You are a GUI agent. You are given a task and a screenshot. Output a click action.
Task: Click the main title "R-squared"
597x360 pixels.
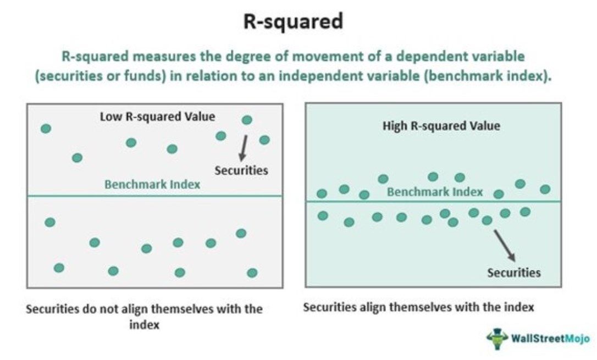tap(294, 22)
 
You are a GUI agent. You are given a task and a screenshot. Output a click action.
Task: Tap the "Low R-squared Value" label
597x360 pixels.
tap(157, 117)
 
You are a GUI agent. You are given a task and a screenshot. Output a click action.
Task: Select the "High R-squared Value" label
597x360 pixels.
tap(441, 126)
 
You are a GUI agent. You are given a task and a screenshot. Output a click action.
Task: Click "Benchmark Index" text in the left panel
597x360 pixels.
tap(152, 184)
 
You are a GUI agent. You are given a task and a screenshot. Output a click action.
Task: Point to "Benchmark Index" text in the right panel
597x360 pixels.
tap(435, 192)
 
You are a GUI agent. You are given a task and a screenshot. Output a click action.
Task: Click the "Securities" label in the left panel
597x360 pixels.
tap(241, 170)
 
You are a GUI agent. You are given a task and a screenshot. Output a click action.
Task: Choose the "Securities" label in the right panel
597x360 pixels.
tap(514, 272)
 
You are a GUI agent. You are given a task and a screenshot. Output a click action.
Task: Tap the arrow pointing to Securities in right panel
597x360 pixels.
tap(504, 245)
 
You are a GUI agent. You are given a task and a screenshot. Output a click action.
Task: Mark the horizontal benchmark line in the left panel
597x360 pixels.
tap(82, 196)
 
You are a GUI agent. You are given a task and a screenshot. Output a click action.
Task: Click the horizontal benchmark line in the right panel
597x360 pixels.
tap(357, 201)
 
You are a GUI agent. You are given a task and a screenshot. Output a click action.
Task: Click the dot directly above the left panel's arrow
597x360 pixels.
tap(247, 120)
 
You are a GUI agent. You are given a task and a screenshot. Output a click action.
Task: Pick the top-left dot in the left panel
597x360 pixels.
tap(46, 129)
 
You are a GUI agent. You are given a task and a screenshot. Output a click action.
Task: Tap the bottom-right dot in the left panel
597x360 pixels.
tap(252, 273)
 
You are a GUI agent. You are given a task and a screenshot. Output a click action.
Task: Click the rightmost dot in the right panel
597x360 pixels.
tap(545, 189)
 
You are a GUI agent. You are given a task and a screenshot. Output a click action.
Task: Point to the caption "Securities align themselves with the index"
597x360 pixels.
tap(418, 307)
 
